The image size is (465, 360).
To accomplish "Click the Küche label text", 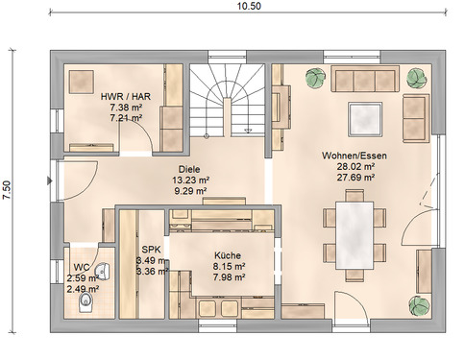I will (229, 256).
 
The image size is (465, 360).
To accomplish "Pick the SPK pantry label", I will (152, 247).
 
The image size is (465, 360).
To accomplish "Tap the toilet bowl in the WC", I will (85, 304).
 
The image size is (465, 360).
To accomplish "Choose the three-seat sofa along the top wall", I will (366, 80).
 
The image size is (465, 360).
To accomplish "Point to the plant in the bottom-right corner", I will (419, 305).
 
